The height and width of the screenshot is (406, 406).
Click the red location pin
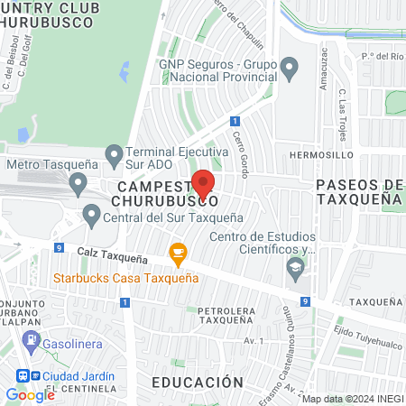point(204,184)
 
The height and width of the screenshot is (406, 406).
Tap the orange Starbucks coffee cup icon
point(178,255)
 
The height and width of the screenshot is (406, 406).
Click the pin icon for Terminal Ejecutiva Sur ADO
point(114,156)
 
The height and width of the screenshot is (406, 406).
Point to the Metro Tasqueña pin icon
point(78,185)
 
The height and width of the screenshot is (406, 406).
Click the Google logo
point(30,394)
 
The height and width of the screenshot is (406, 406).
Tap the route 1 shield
point(235,121)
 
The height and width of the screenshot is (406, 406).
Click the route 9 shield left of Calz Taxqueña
point(59,247)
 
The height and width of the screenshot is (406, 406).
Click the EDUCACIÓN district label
point(197,383)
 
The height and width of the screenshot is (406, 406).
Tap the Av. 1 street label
point(255,340)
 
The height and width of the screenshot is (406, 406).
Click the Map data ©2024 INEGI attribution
point(352,398)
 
